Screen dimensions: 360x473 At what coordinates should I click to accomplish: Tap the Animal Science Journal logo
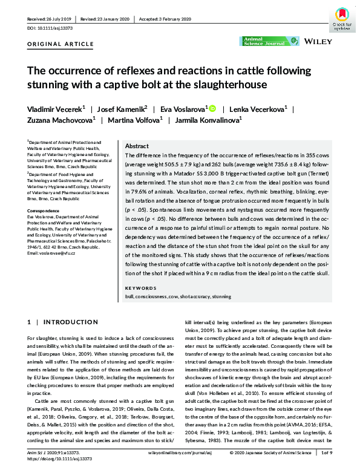(269, 41)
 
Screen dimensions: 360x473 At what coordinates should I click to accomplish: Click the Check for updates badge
(342, 19)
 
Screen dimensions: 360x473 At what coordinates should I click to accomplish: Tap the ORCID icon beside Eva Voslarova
(212, 108)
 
